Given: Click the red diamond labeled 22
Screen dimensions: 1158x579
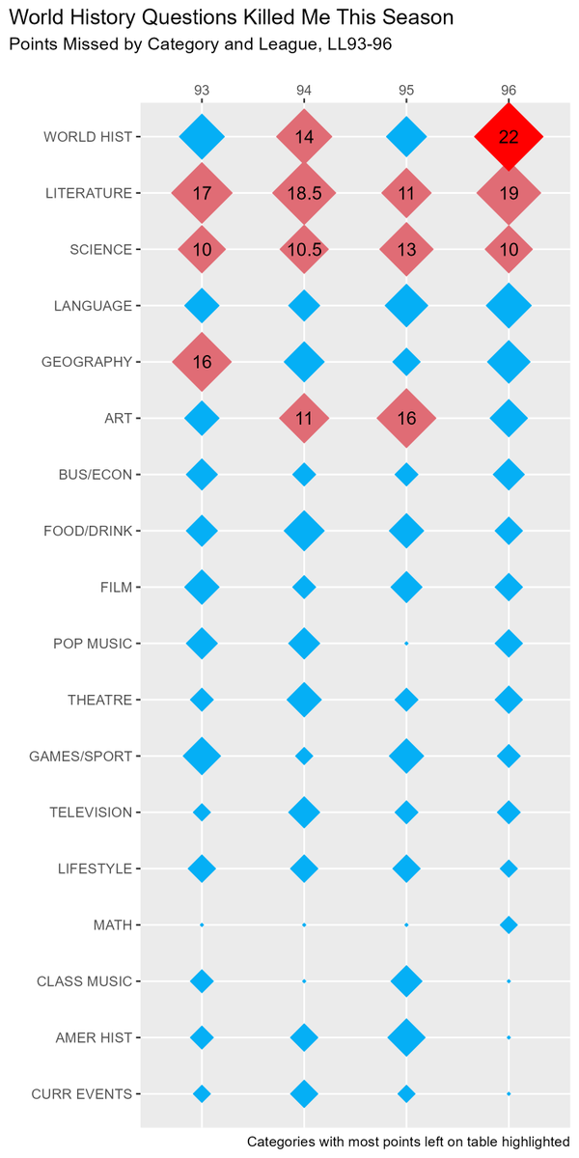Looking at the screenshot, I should [x=509, y=137].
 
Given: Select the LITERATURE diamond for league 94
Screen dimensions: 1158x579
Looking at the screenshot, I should [x=304, y=193].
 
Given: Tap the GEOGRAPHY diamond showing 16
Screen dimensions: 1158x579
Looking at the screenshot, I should [x=202, y=362].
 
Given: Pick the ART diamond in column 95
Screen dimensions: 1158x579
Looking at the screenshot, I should [x=406, y=419].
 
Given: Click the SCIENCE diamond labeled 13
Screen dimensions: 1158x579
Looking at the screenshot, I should [x=406, y=250].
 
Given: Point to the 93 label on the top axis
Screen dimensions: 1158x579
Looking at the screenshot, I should [x=202, y=90].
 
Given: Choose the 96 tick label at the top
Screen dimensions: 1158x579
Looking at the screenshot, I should [x=509, y=90].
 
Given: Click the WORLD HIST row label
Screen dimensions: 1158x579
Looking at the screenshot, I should [x=87, y=137].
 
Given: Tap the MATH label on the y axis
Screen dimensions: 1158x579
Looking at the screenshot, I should [x=113, y=925].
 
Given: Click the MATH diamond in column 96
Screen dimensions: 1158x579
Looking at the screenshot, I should [x=509, y=925].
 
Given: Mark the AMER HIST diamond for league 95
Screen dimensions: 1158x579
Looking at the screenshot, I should [x=406, y=1038].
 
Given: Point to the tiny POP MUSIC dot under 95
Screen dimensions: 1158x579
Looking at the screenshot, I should [x=406, y=644].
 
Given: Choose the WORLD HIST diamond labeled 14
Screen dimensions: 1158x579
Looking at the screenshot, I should [x=304, y=137].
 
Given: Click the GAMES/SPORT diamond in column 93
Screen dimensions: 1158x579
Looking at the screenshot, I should [x=202, y=757].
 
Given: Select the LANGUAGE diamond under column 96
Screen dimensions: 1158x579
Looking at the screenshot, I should [x=509, y=306].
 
